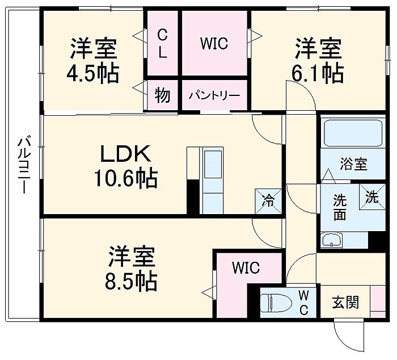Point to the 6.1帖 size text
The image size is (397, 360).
coord(318,74)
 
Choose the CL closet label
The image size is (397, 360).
coord(163,44)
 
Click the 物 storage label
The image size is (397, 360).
coord(163,95)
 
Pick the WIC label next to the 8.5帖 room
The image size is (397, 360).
coord(246,267)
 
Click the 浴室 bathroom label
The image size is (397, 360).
coord(353,165)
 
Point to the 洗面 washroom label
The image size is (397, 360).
coord(340,207)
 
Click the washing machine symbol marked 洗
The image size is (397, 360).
coord(371,198)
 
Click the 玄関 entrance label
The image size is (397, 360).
coord(345,302)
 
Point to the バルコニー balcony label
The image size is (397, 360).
coord(23,165)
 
